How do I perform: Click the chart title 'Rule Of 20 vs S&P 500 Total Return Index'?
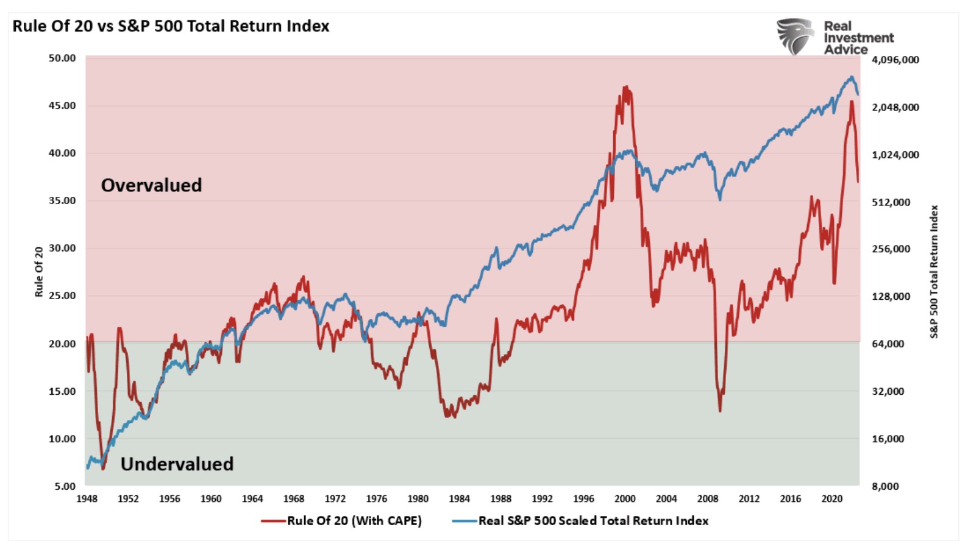171,26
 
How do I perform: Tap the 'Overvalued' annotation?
151,185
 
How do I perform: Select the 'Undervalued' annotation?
177,464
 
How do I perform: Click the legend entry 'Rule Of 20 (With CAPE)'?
354,521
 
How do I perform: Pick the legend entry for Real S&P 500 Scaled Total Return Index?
593,521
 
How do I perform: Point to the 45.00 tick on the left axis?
62,105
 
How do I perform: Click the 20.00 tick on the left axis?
62,344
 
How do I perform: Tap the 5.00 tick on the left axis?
65,486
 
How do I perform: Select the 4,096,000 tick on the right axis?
895,60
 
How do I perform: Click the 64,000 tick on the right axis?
888,344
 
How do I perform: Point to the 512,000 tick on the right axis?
891,202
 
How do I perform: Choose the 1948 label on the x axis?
87,499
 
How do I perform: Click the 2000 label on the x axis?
625,499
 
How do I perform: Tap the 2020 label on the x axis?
831,499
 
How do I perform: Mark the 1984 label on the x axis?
459,499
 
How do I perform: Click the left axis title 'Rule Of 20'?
39,272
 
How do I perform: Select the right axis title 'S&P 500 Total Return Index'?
934,272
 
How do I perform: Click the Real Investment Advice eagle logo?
795,37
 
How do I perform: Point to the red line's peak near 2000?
625,87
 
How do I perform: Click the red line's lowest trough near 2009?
720,411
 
